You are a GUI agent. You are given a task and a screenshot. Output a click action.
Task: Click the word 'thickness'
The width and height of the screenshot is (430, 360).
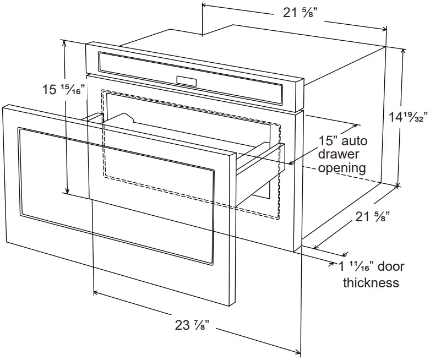click(x=371, y=283)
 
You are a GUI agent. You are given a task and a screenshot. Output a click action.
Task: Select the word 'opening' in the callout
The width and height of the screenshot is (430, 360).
click(x=342, y=168)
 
